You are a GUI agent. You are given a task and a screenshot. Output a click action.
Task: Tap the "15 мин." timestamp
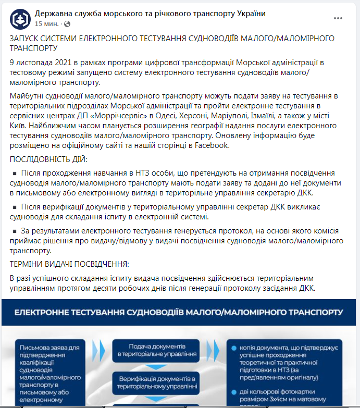46,24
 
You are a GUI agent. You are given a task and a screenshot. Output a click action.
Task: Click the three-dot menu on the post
338,19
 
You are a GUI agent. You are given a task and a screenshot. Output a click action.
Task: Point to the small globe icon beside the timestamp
67,24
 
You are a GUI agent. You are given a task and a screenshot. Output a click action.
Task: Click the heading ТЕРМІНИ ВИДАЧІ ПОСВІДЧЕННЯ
69,264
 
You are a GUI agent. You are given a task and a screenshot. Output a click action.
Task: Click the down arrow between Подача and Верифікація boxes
157,366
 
